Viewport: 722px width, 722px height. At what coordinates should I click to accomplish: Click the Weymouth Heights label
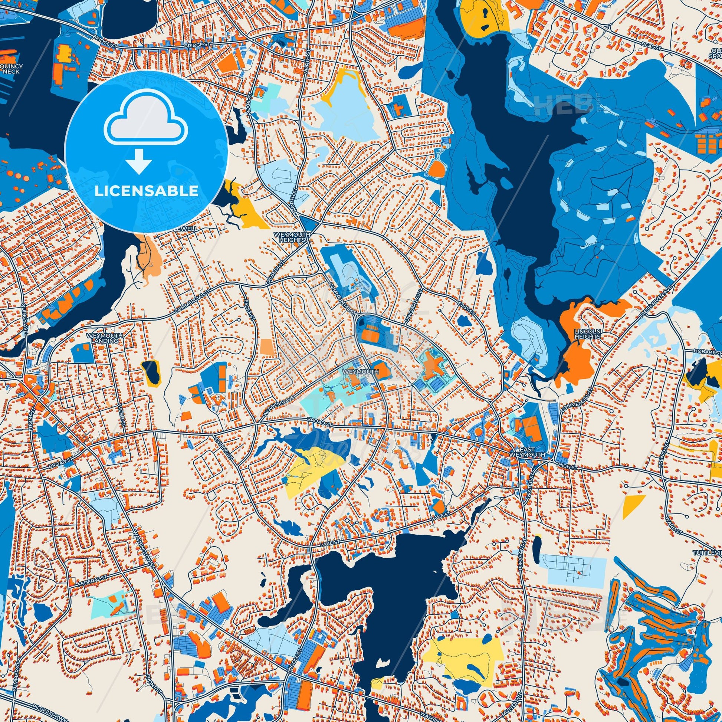[290, 237]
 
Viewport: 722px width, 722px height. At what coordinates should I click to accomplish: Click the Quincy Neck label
[13, 69]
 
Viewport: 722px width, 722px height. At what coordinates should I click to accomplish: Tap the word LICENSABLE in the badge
[146, 191]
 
